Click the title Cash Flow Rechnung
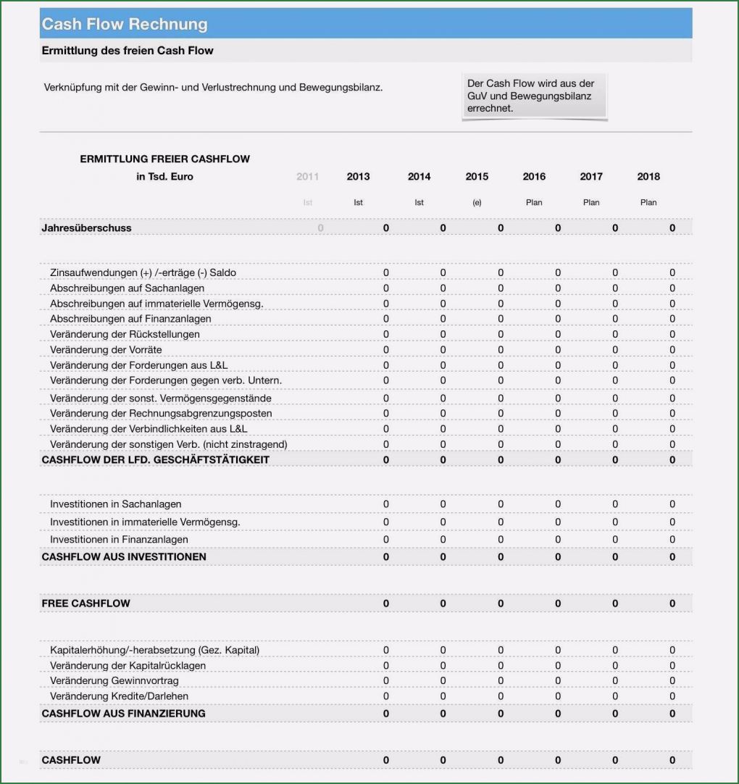pyautogui.click(x=125, y=24)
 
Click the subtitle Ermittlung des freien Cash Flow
pyautogui.click(x=128, y=51)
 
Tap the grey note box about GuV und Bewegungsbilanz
pyautogui.click(x=534, y=96)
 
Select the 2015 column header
pyautogui.click(x=477, y=177)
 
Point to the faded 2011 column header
pyautogui.click(x=307, y=177)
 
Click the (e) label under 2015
pyautogui.click(x=477, y=203)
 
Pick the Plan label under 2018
pyautogui.click(x=648, y=203)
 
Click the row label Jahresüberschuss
pyautogui.click(x=86, y=228)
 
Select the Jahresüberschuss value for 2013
pyautogui.click(x=385, y=228)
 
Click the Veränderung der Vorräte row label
pyautogui.click(x=106, y=350)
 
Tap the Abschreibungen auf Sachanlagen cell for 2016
pyautogui.click(x=558, y=288)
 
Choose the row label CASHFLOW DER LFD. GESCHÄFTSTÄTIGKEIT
pyautogui.click(x=155, y=460)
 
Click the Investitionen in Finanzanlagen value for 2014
pyautogui.click(x=443, y=540)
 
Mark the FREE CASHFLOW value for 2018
pyautogui.click(x=672, y=604)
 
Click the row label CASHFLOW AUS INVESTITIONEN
pyautogui.click(x=124, y=557)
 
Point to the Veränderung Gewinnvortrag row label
pyautogui.click(x=114, y=681)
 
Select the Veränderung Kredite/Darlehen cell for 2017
pyautogui.click(x=615, y=696)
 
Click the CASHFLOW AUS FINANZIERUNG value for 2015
pyautogui.click(x=501, y=714)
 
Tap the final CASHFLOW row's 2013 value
pyautogui.click(x=385, y=760)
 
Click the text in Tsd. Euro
pyautogui.click(x=164, y=177)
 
